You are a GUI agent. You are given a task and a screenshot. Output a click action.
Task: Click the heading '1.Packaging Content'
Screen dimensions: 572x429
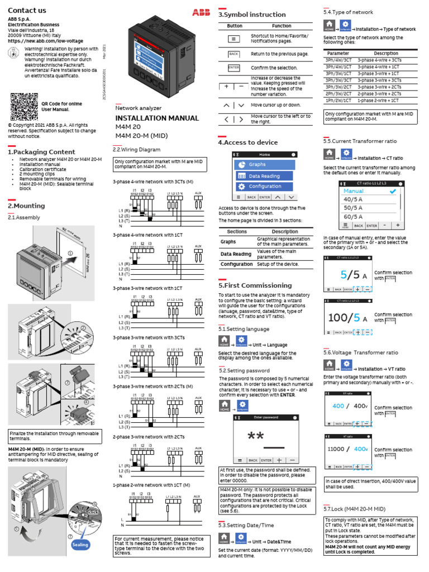(x=41, y=152)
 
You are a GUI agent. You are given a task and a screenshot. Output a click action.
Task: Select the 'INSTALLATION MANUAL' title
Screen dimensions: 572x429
(x=157, y=118)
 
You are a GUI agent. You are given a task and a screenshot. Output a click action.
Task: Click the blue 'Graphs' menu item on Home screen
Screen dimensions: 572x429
(x=263, y=165)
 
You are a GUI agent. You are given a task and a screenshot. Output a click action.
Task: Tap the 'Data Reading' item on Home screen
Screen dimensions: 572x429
(x=263, y=176)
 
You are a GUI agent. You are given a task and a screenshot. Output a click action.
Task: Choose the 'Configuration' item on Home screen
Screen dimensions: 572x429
(x=263, y=187)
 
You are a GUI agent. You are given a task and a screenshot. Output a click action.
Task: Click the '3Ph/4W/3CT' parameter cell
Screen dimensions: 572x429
(x=339, y=60)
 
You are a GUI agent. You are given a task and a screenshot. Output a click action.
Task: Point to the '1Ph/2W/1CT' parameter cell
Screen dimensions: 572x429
(x=339, y=100)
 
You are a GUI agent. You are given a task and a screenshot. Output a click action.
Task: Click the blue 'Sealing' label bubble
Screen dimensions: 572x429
(x=80, y=544)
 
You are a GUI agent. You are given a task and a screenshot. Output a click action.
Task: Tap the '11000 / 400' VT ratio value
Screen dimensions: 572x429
(x=347, y=449)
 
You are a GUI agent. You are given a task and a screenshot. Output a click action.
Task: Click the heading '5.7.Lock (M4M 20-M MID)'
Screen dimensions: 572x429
(x=355, y=509)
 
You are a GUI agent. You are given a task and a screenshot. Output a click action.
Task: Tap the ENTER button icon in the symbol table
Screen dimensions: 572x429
(x=234, y=68)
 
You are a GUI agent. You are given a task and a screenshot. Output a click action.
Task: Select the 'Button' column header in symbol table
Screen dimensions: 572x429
(x=235, y=26)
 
